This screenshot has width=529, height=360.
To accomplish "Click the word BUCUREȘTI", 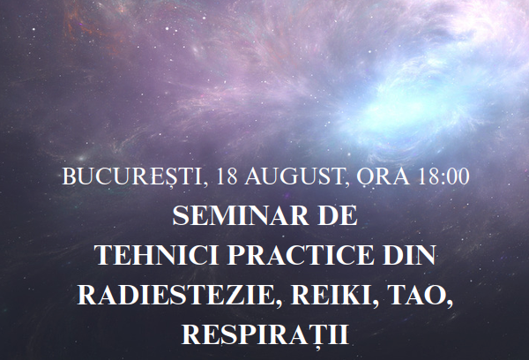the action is pyautogui.click(x=132, y=177).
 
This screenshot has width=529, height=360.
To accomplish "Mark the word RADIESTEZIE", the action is pyautogui.click(x=175, y=295).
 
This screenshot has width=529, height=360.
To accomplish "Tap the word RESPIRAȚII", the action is pyautogui.click(x=265, y=334).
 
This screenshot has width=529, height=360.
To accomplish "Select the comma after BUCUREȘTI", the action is pyautogui.click(x=205, y=184).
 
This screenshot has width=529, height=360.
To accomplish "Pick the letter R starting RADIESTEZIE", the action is pyautogui.click(x=86, y=295).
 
